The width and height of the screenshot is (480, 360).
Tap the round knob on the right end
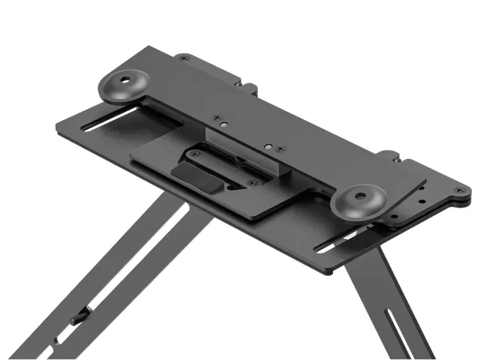[359, 199]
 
